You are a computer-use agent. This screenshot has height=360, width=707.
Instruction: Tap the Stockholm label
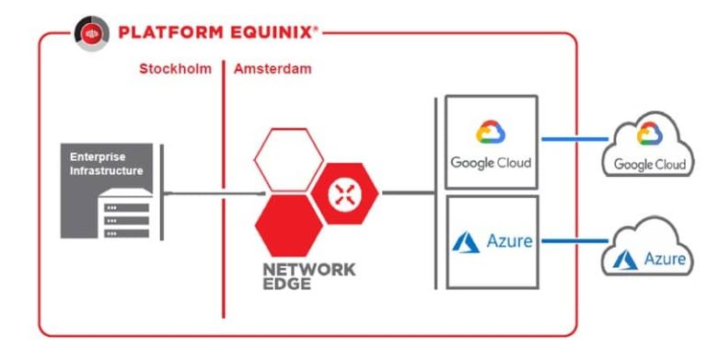pos(175,69)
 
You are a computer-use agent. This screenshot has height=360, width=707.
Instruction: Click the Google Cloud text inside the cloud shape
pos(650,165)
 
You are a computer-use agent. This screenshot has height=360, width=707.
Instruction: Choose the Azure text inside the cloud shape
pos(663,260)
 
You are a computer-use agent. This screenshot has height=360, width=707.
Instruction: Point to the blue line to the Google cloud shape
pos(571,140)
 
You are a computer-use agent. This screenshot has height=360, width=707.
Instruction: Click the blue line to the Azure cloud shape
pos(571,243)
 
